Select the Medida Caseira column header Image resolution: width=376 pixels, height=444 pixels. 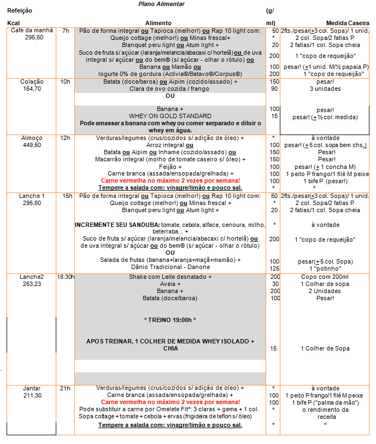pos(347,23)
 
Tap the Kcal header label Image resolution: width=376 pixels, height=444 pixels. pos(13,23)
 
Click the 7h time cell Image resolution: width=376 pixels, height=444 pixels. pos(66,31)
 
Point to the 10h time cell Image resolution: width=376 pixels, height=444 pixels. pos(66,81)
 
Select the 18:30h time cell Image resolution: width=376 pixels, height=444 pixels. pos(66,277)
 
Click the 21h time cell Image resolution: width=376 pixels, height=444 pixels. pos(66,388)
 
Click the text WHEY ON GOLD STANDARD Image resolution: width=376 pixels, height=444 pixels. pos(170,116)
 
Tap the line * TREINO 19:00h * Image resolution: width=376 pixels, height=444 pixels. pos(170,319)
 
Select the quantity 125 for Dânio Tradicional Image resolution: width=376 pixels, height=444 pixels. pos(274,268)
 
